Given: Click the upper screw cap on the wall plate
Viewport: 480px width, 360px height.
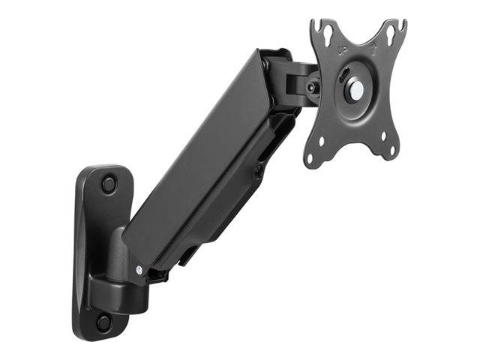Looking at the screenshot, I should point(110,182).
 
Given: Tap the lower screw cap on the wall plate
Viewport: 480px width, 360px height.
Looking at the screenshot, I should point(103,322).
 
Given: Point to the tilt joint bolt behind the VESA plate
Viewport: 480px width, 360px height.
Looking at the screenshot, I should point(310,88).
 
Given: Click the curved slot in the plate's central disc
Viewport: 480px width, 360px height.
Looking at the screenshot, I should point(344,79).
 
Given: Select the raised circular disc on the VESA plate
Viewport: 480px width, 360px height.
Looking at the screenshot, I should point(356,88).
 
